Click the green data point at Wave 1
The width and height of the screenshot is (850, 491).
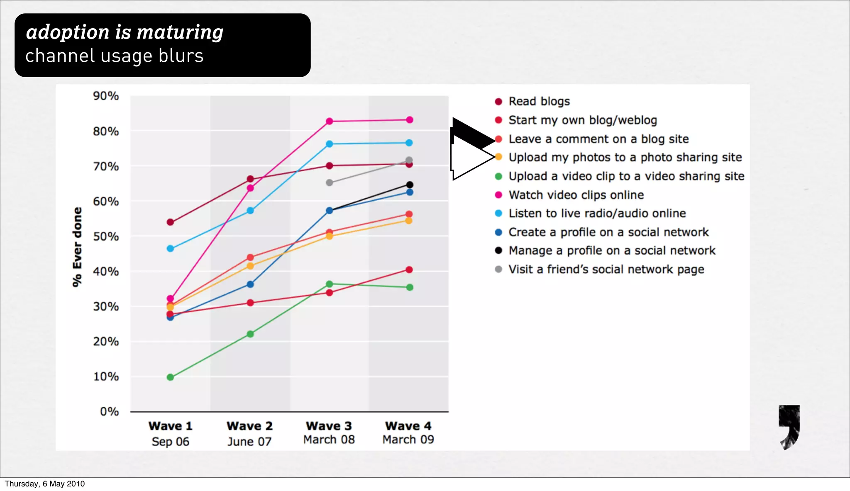tap(170, 377)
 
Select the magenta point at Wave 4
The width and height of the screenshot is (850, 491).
tap(410, 120)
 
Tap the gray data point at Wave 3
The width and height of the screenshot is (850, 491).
tap(330, 182)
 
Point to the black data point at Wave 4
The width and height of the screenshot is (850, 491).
tap(410, 185)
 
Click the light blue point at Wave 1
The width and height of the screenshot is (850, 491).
tap(170, 248)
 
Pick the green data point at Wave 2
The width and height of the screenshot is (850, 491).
tap(250, 334)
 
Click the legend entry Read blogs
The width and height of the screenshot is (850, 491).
tap(539, 102)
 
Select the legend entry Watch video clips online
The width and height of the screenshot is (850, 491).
tap(576, 195)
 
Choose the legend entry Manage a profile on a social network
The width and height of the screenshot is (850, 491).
tap(612, 250)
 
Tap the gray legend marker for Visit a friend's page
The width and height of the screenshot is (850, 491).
tap(498, 269)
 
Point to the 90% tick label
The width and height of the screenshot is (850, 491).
tap(106, 96)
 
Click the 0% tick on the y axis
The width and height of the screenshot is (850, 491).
tap(110, 411)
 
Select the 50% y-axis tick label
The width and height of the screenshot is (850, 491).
tap(106, 236)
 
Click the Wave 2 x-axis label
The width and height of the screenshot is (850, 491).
tap(249, 426)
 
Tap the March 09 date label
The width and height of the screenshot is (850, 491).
tap(408, 440)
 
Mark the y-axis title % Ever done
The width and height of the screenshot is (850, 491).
tap(77, 247)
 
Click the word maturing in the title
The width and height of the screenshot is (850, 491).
tap(180, 32)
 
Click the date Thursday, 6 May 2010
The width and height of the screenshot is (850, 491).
tap(45, 484)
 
